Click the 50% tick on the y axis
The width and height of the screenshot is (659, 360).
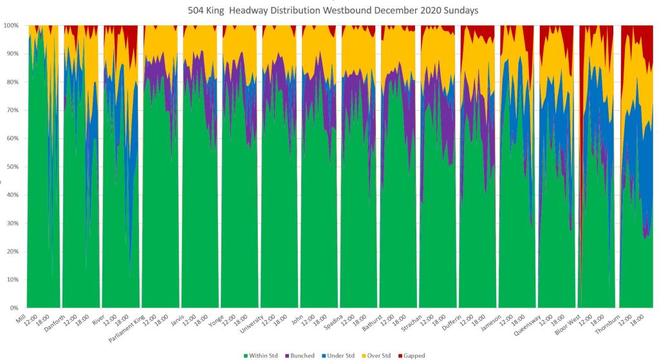14,167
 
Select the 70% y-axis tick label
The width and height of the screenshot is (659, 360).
14,110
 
